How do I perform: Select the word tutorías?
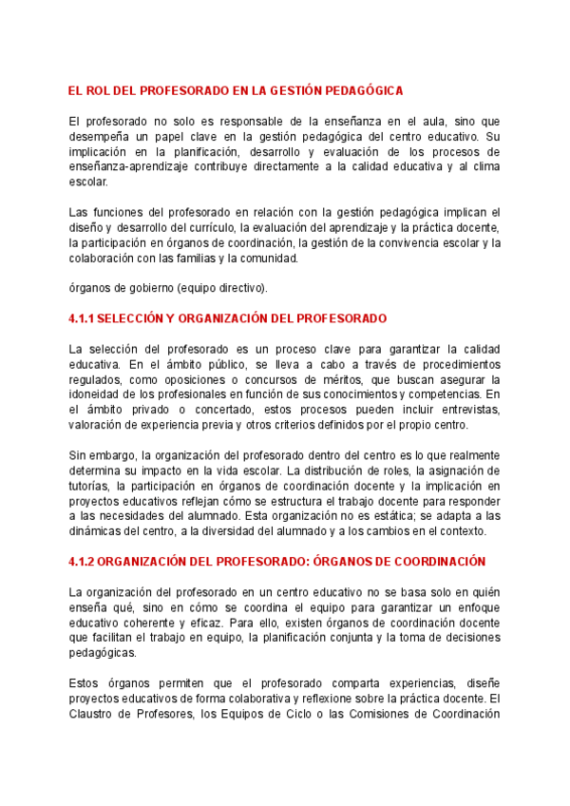coord(93,487)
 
